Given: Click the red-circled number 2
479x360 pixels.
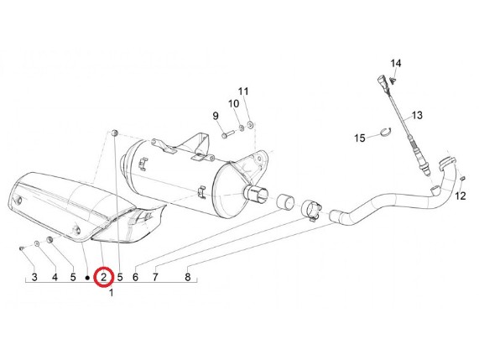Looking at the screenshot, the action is pos(104,278).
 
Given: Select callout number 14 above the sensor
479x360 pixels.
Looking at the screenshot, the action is pos(396,63).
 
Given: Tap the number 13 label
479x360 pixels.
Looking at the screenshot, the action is pos(417,116).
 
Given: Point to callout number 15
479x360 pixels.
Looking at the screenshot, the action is pos(360,138).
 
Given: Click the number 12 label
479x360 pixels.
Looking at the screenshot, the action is pos(461,196).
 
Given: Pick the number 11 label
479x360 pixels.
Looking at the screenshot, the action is pos(243,91).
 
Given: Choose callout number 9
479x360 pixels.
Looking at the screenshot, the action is pos(216,116).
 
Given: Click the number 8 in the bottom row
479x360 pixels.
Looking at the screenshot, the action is pos(188,277).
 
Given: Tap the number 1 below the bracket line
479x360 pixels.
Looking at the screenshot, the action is pos(112,293).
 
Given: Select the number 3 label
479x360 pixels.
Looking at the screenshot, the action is pos(34,277).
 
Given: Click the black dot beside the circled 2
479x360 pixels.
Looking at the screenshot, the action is pos(87,278).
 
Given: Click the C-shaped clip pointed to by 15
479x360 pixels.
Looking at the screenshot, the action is pos(386,132).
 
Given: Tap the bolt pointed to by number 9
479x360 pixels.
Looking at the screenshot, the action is pos(227,134).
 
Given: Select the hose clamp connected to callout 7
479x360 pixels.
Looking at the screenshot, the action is pos(311,210).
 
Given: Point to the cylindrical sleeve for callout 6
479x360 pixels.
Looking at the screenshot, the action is pos(285,201).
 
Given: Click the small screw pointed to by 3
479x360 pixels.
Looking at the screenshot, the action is pos(21,248).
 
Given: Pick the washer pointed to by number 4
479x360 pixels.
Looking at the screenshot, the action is pos(37,243).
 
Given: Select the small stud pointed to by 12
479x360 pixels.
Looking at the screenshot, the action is pos(462,179).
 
